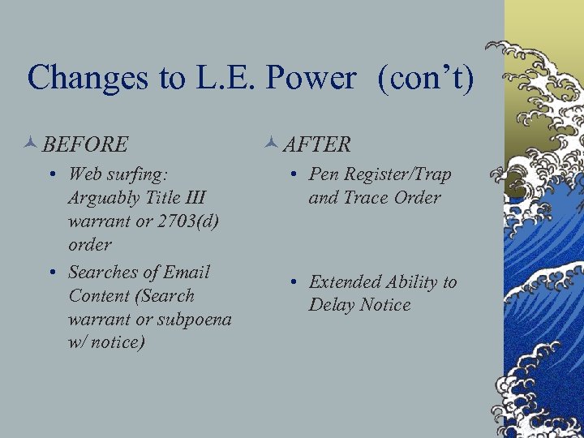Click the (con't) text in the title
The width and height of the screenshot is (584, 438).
click(423, 78)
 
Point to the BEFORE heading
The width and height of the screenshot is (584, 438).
click(85, 144)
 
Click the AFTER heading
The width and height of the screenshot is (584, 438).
click(317, 144)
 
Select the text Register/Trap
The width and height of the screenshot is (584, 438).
click(398, 174)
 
